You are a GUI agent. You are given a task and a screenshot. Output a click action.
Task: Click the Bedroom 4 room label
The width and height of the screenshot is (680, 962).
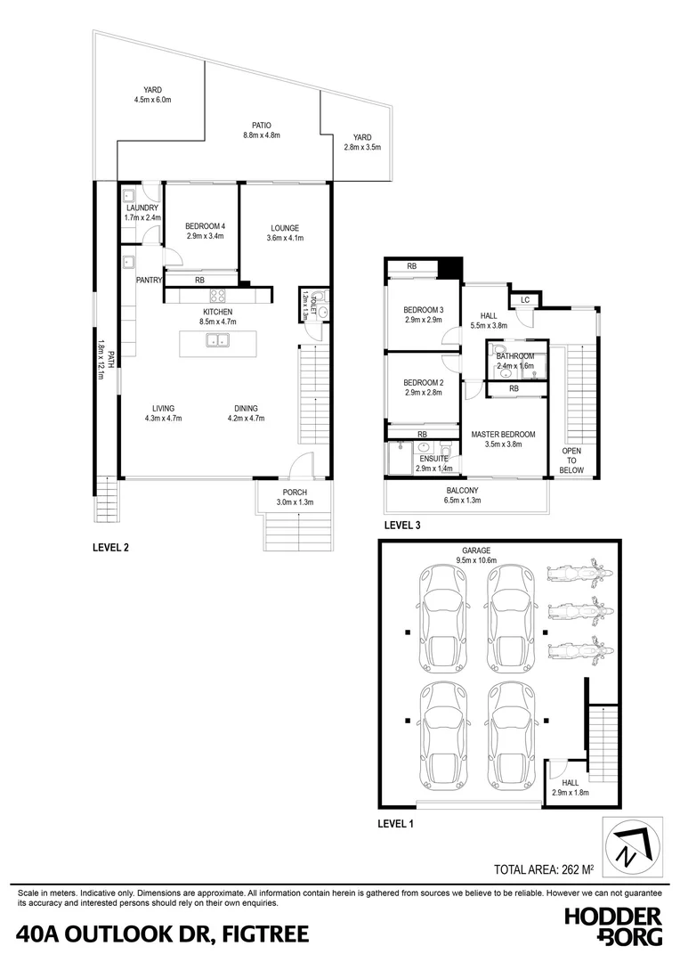coord(205,227)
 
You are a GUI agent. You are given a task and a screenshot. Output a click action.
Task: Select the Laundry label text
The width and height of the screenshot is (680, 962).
coord(142,208)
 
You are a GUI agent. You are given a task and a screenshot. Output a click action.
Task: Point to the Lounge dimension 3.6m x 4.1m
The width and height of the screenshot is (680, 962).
coord(285,239)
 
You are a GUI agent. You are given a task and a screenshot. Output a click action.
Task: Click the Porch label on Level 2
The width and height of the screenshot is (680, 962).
coord(295,493)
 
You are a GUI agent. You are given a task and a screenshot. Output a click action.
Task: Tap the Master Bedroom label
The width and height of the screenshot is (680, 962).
coord(502,434)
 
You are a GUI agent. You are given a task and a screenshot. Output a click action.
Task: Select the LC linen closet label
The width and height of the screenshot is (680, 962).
coord(525,300)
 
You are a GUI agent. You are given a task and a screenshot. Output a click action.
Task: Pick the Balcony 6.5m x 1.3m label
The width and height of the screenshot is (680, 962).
coord(463,491)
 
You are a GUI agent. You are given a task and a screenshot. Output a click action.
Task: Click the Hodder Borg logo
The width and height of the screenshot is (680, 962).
coord(615,926)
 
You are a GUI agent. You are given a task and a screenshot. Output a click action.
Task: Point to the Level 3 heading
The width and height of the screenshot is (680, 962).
coord(401,526)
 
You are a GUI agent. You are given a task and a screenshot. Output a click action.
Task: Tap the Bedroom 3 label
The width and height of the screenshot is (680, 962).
coord(424,309)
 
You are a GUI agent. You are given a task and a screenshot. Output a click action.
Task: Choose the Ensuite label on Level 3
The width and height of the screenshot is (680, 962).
coord(434,459)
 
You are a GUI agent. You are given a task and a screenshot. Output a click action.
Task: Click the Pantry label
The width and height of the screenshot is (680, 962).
coord(149,280)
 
